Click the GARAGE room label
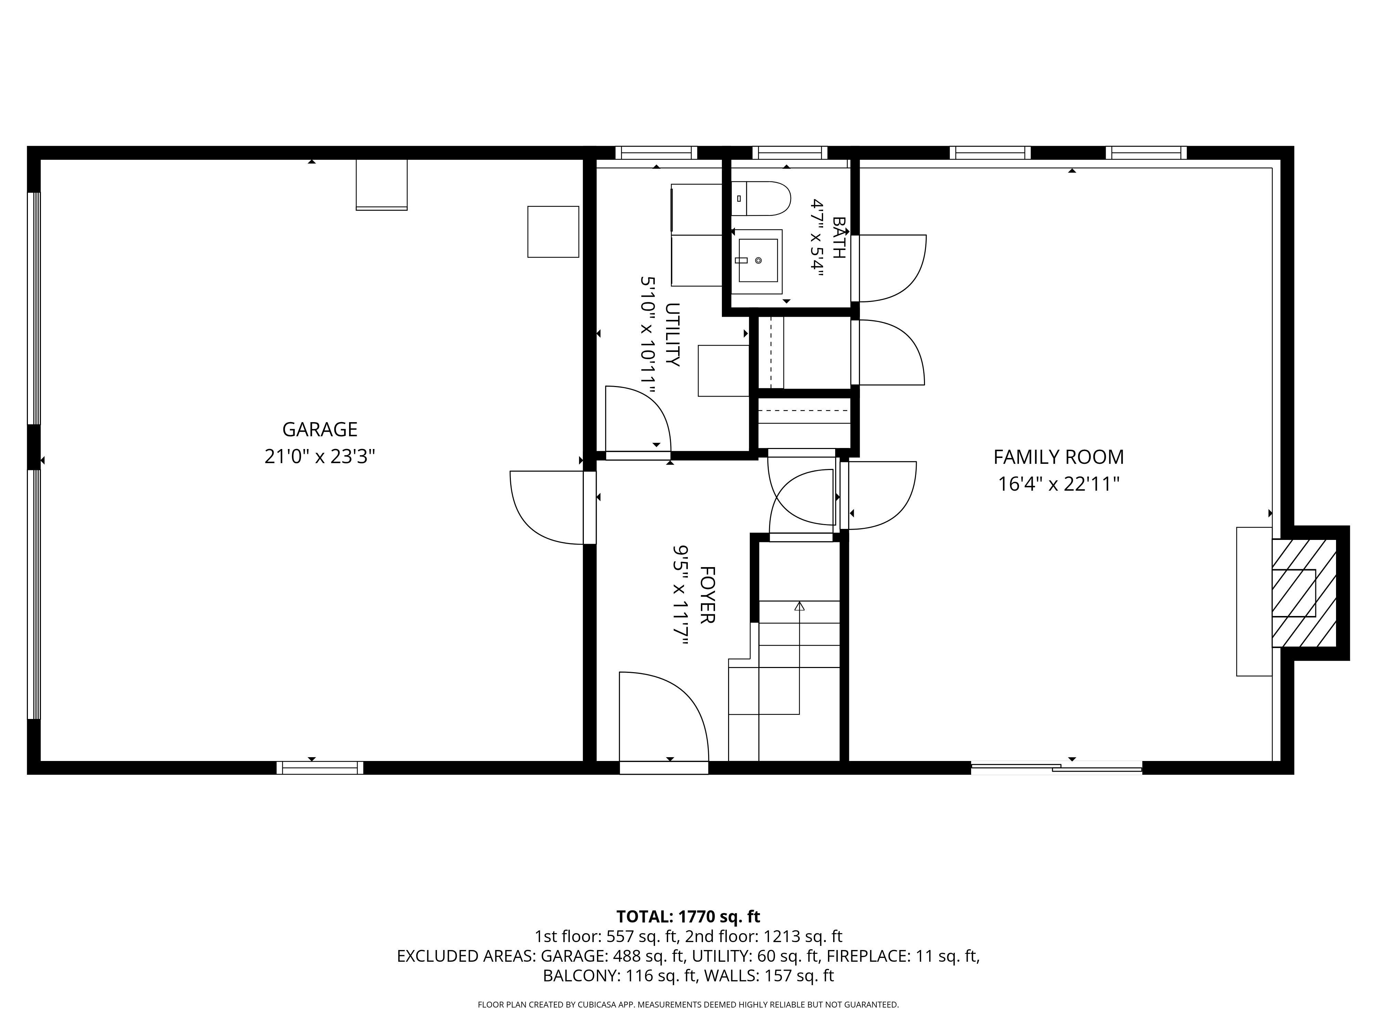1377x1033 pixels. click(320, 430)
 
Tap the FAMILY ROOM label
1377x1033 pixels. click(1058, 457)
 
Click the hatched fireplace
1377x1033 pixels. click(1304, 593)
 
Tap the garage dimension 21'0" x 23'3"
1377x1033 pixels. click(320, 457)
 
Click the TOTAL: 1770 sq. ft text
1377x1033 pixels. click(688, 917)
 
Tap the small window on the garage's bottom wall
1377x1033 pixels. click(320, 768)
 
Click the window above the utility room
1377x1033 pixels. click(656, 153)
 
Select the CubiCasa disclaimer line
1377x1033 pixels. click(688, 1004)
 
